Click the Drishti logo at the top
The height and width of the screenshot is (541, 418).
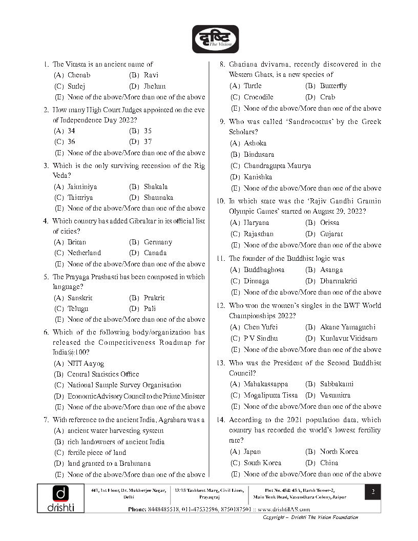pos(215,39)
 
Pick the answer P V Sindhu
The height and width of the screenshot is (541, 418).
pos(261,338)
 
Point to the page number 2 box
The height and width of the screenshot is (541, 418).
pos(373,492)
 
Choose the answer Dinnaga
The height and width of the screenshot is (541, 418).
pos(256,281)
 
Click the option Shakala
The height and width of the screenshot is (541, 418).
pos(156,186)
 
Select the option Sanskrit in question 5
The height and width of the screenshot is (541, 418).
pos(80,298)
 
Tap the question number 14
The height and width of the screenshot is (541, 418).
pos(221,420)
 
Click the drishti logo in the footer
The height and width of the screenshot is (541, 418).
pos(60,498)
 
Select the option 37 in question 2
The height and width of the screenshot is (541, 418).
pos(148,141)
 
